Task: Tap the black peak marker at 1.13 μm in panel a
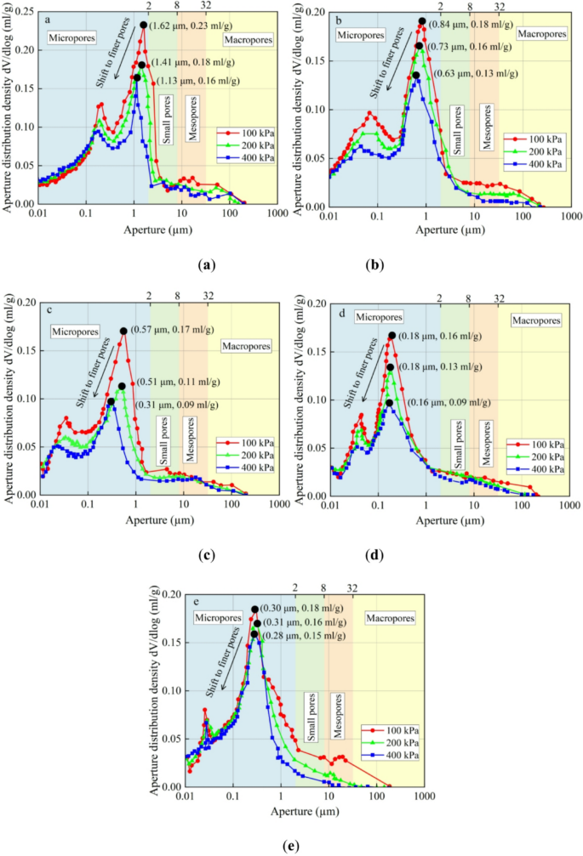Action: (x=137, y=78)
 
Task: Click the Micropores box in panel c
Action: (x=75, y=331)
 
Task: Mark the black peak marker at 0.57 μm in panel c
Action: (x=123, y=332)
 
